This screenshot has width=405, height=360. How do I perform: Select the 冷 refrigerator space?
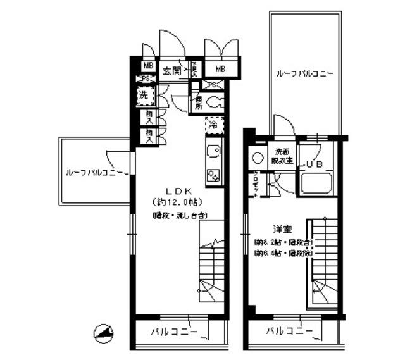[x=214, y=125]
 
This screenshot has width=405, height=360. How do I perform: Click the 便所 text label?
[x=199, y=103]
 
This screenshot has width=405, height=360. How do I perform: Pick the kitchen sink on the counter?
[x=213, y=152]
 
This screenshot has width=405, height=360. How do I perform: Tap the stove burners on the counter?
[x=213, y=175]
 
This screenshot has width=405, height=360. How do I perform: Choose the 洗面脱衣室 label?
[x=282, y=156]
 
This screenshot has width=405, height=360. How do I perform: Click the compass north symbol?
[x=103, y=331]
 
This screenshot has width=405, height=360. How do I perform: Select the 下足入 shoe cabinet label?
[x=194, y=70]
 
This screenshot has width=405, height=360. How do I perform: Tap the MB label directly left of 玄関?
[x=147, y=66]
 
